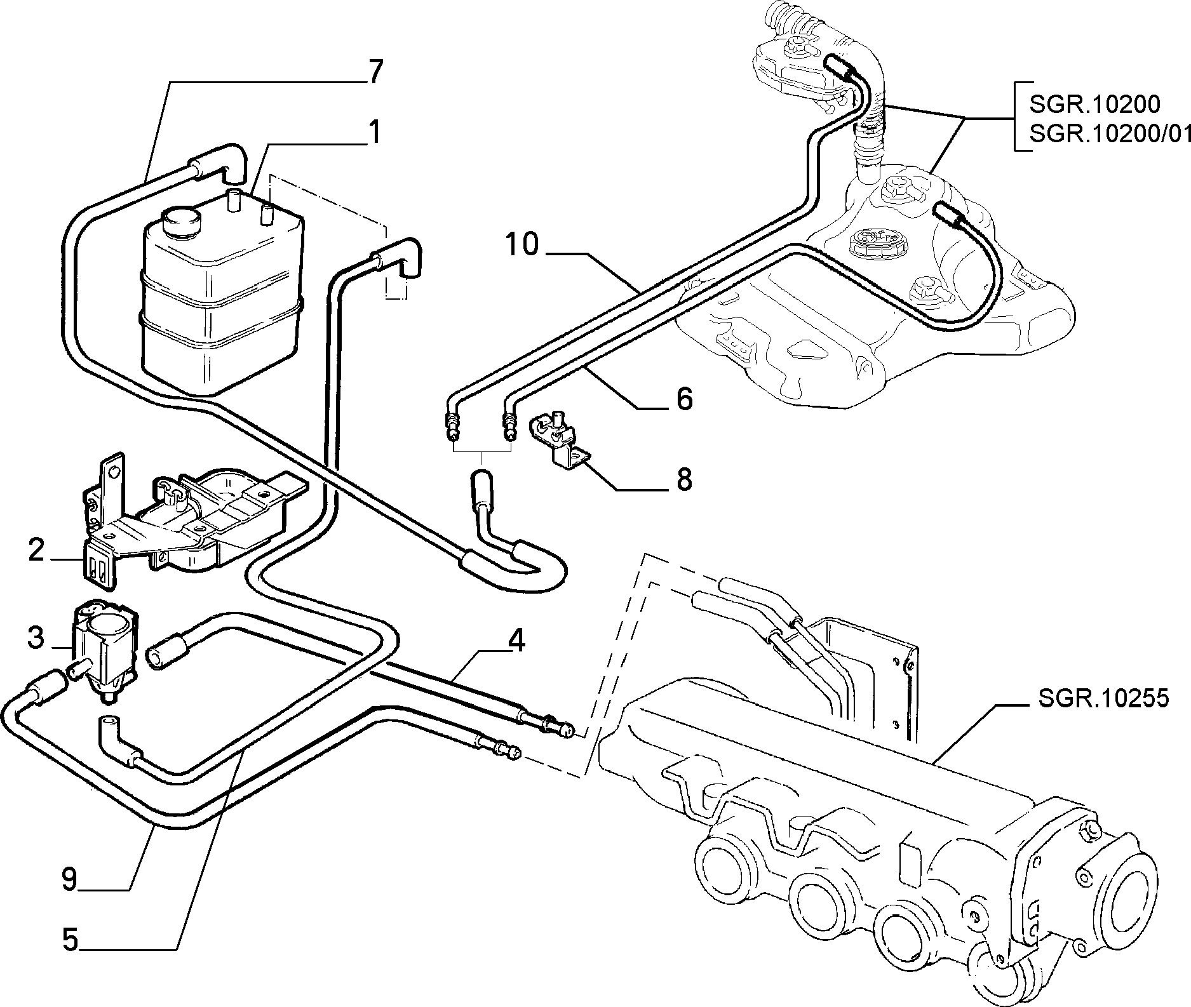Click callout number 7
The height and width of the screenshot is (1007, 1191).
pyautogui.click(x=375, y=72)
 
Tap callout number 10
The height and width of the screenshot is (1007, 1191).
pyautogui.click(x=522, y=244)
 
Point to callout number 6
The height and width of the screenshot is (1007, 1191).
pyautogui.click(x=683, y=399)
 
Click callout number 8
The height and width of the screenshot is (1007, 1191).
pyautogui.click(x=683, y=480)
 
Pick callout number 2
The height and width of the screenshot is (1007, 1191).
pyautogui.click(x=36, y=550)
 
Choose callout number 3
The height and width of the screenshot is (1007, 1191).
pyautogui.click(x=36, y=637)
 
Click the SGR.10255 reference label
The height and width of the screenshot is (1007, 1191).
pyautogui.click(x=1103, y=698)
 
